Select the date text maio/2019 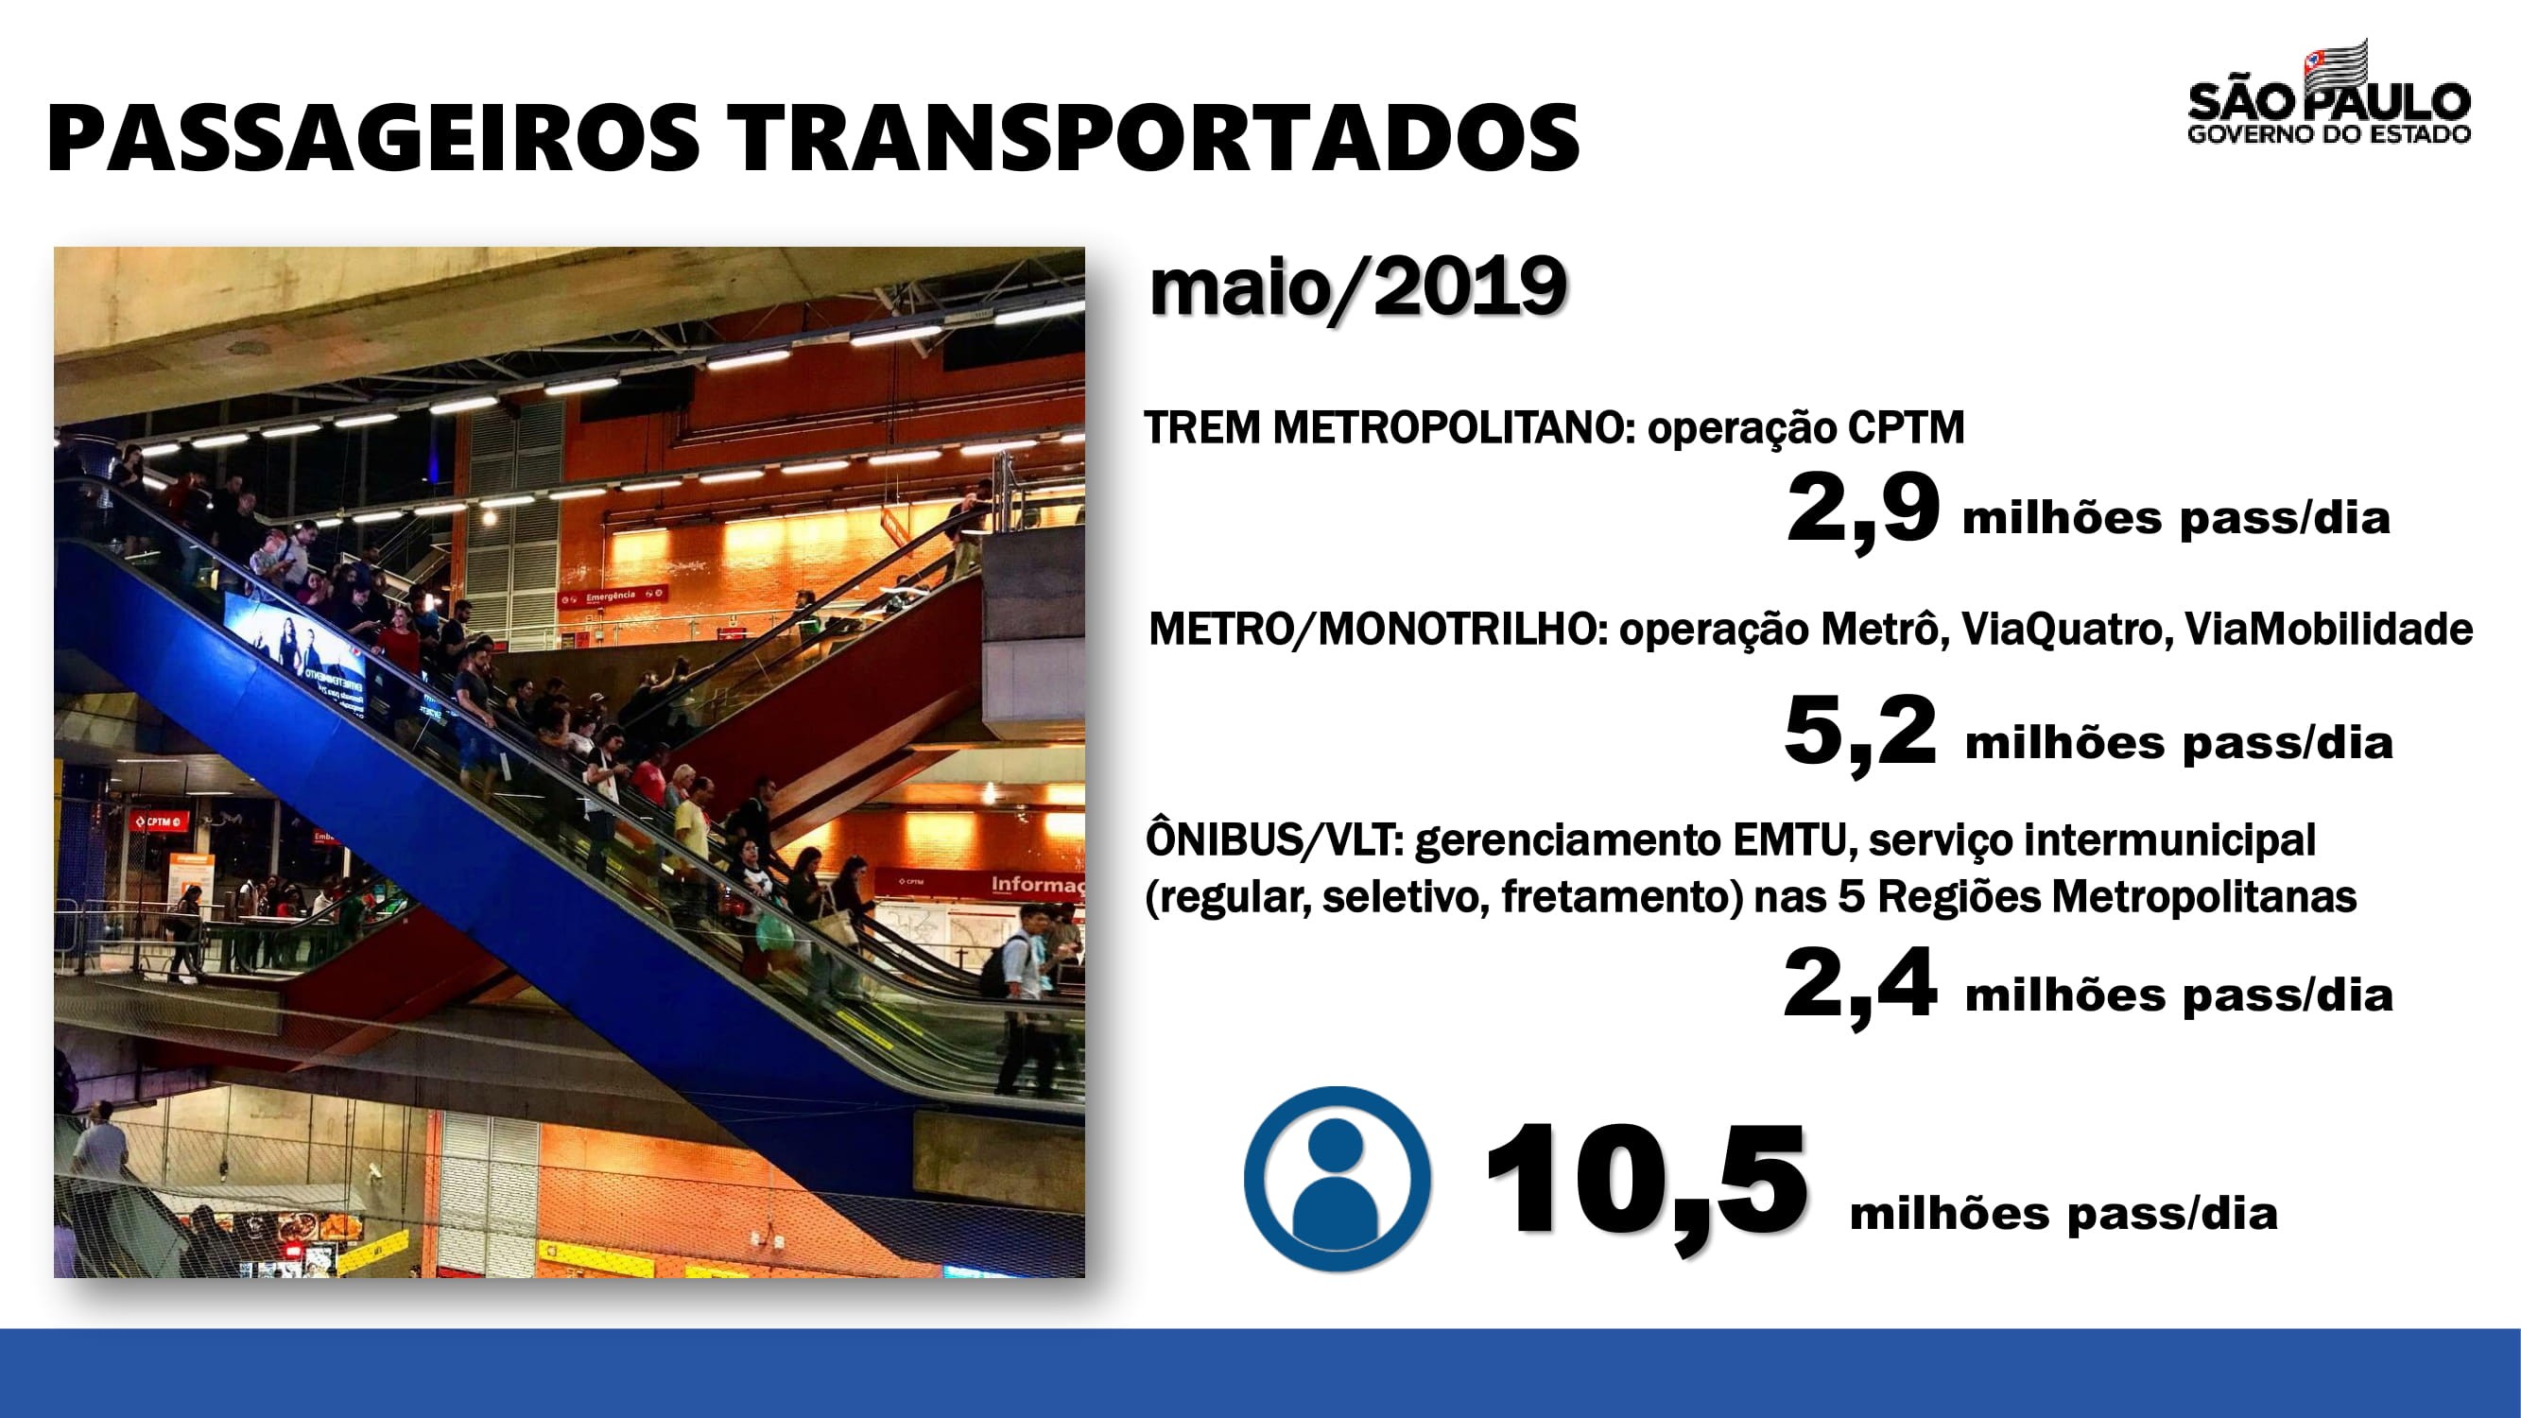coord(1358,287)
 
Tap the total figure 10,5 coord(1645,1185)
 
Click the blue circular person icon coord(1337,1178)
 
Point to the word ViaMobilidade coord(2328,630)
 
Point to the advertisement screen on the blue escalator coord(295,642)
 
